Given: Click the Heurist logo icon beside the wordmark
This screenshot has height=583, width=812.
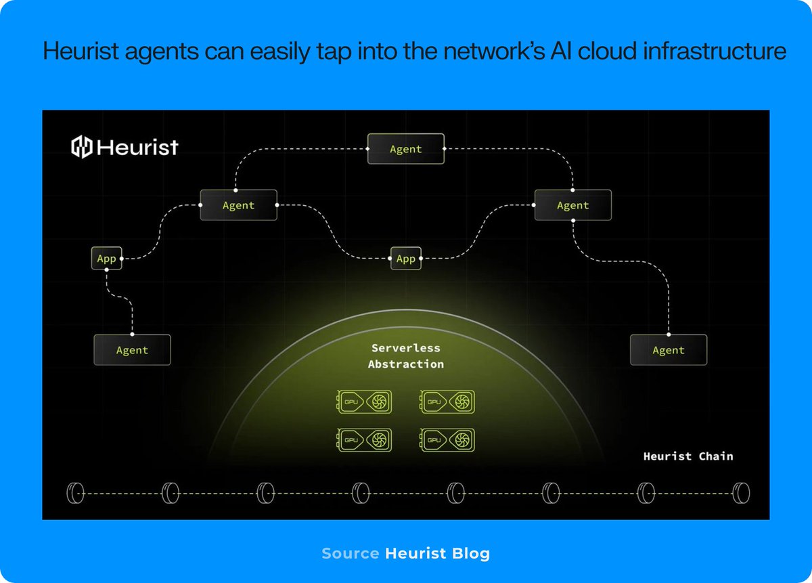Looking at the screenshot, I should point(82,147).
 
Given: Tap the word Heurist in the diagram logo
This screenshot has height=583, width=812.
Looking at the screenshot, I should point(137,147).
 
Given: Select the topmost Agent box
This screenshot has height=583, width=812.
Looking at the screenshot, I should point(406,149).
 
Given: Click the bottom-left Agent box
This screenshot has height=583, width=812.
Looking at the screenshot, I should point(132,350).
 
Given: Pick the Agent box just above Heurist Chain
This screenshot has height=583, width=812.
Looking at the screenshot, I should point(669,350).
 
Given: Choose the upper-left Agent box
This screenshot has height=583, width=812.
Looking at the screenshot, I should point(238,205).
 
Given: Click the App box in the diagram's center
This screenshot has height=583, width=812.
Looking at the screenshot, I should point(406,259).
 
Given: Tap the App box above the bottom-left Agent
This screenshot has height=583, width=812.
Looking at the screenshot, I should point(107,259).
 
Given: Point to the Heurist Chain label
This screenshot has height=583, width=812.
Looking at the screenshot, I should point(687,456).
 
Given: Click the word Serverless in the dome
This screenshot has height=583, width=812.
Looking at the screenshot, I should point(406,348).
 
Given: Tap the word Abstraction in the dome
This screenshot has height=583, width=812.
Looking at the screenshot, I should point(406,364).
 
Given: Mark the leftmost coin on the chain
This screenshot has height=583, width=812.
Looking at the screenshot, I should point(74,492).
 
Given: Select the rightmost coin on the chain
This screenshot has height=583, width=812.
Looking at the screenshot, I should point(742,492).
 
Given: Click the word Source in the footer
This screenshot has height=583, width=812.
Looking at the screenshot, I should point(350,553).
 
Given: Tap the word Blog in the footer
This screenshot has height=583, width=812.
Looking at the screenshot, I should point(472,553).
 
